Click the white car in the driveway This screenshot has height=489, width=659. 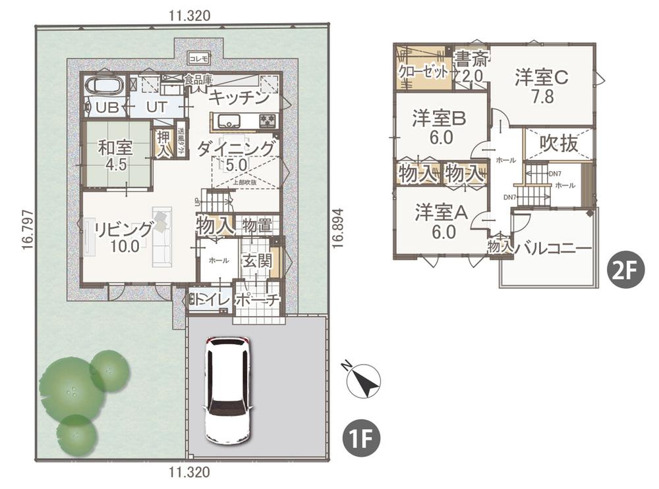coord(228,390)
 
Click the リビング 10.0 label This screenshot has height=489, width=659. coord(124,237)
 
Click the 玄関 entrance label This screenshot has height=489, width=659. coord(256,261)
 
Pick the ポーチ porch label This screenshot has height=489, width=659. coord(258,300)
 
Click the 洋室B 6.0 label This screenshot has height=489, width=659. coord(440,127)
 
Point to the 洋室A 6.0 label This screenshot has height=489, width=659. coord(442,221)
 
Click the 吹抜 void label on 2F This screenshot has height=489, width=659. coord(559,143)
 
